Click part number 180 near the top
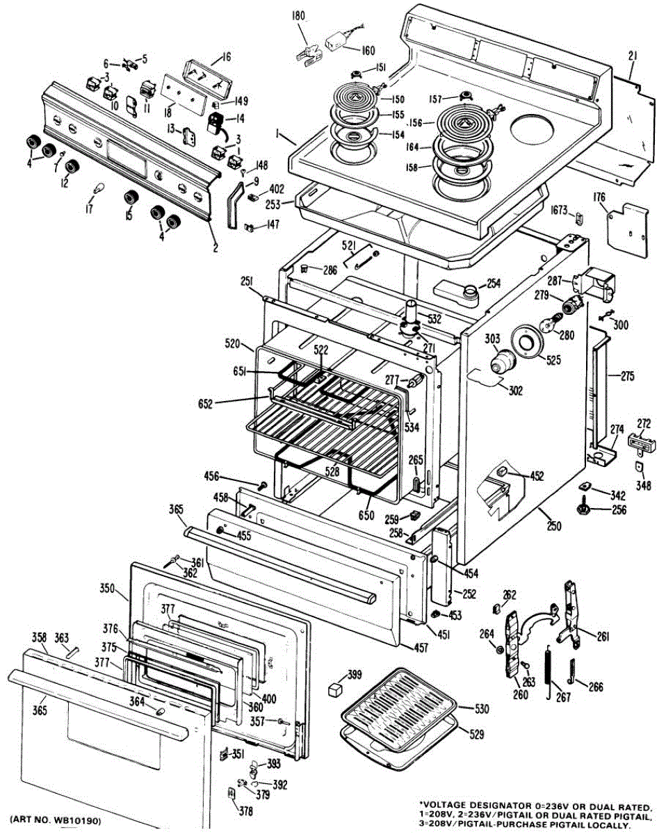coord(298,16)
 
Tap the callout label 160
coord(368,51)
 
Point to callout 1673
coord(559,211)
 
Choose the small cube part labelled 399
coord(334,690)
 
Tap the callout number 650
coord(366,515)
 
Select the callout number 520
coord(232,344)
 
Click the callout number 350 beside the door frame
coord(107,588)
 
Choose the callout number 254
coord(494,284)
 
